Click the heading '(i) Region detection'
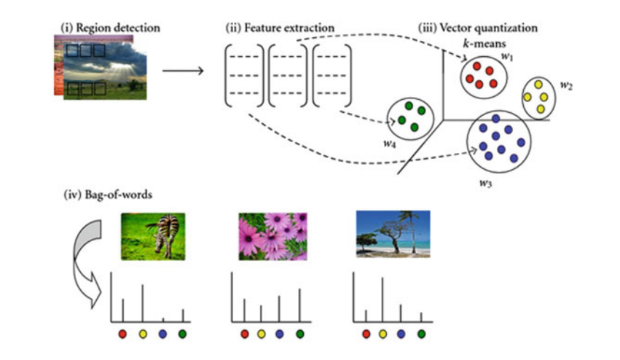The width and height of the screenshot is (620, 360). point(110,28)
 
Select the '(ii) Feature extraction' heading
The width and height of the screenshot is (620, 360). point(280,28)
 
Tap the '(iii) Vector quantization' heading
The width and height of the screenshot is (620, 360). point(478,28)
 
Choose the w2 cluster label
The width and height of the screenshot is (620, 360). point(566,85)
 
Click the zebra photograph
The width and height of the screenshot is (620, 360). point(153,235)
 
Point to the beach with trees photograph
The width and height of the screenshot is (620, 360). point(393,233)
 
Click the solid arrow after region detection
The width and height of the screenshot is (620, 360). point(182,71)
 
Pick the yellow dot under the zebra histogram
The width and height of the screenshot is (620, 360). point(142,334)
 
